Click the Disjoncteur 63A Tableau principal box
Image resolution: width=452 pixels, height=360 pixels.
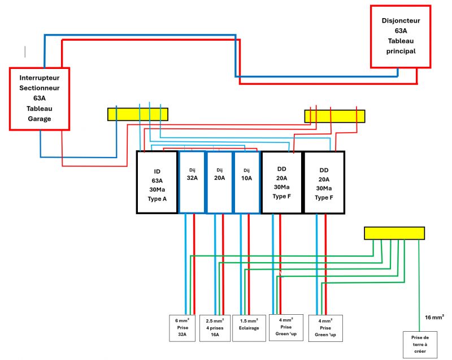[x=401, y=36]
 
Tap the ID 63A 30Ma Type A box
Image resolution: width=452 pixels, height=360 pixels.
[x=157, y=182]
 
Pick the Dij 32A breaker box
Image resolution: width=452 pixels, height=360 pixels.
[x=192, y=182]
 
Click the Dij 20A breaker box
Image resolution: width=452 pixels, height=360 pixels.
[x=219, y=182]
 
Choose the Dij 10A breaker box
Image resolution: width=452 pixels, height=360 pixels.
[x=246, y=182]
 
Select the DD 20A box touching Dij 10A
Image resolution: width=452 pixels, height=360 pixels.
[x=281, y=182]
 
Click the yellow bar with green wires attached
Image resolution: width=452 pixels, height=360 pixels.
[x=394, y=233]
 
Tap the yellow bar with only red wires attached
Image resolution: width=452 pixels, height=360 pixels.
[x=334, y=116]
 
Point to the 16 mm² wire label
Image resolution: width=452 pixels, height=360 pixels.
[x=434, y=318]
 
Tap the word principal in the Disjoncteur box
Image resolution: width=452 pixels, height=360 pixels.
[x=401, y=51]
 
